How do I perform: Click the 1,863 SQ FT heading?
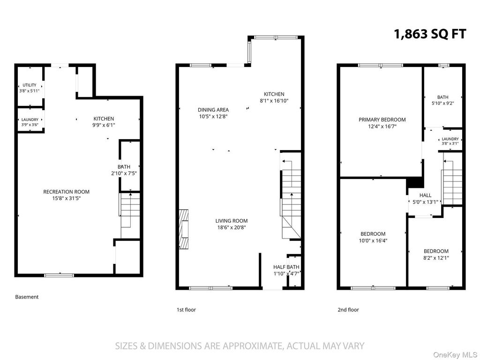pos(430,34)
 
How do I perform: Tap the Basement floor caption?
pos(27,297)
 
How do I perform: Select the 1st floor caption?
pos(186,310)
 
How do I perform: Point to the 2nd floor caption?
pos(348,310)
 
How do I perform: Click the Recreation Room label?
pos(67,192)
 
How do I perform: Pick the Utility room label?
pos(30,85)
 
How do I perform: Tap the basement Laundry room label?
pos(30,120)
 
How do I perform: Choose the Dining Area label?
pos(213,110)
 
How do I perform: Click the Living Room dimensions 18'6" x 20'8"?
pos(232,227)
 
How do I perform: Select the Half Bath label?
pos(286,267)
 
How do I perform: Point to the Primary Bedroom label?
pos(382,120)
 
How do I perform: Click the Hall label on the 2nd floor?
pos(426,195)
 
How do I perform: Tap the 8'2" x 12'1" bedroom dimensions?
pos(436,258)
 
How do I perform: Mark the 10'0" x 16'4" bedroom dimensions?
pos(373,240)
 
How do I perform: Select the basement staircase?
pos(130,215)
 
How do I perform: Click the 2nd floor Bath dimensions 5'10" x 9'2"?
pos(442,104)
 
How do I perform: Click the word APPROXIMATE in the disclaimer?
pos(251,346)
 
